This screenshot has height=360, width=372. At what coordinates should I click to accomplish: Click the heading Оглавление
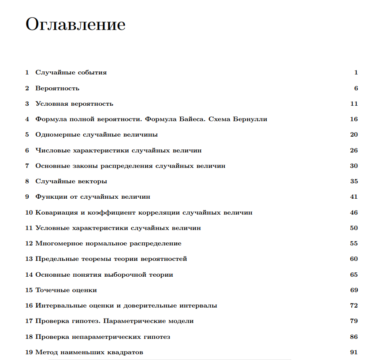(75, 25)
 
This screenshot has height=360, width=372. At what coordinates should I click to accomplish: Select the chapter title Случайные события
(71, 73)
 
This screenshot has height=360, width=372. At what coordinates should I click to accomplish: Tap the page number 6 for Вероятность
(356, 88)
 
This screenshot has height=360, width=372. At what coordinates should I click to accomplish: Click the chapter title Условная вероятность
(74, 104)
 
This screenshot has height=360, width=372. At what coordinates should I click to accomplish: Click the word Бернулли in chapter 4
(250, 119)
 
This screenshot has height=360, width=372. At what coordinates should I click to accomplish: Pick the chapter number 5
(27, 135)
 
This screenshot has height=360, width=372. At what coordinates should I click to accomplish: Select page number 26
(354, 150)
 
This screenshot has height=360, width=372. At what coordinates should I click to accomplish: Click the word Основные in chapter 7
(52, 166)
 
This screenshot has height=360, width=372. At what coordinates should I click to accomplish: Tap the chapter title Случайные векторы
(71, 182)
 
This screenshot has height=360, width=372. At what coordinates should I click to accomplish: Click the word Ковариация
(56, 213)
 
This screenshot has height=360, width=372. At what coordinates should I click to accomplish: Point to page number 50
(354, 228)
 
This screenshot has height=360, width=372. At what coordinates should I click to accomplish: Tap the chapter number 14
(29, 275)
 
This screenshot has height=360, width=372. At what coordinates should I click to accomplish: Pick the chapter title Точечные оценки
(66, 290)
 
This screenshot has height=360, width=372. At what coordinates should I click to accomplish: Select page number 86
(354, 337)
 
